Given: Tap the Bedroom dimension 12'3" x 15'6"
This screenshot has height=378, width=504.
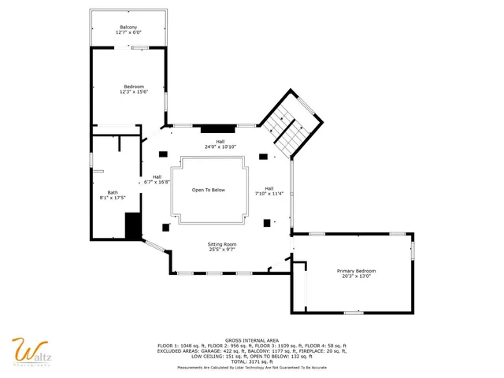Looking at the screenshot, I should (x=132, y=92).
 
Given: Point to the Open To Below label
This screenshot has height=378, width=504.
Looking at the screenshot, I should (x=209, y=190).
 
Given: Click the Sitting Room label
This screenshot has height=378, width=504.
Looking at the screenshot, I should (x=221, y=244).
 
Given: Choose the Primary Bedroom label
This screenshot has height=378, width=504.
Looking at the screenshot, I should (x=356, y=270).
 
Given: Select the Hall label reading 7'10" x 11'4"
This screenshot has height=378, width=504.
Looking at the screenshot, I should (x=269, y=193).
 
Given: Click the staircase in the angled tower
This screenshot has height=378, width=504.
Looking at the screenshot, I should (x=287, y=126).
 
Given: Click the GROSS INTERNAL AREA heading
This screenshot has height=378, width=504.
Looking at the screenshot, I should (x=251, y=340).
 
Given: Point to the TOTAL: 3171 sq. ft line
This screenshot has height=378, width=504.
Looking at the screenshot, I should (x=251, y=362).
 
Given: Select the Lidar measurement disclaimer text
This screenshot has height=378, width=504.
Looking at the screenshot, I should (x=251, y=368).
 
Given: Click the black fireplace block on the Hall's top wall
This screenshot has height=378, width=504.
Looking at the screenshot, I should (x=213, y=128).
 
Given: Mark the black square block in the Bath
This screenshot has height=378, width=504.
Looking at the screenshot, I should (x=132, y=226).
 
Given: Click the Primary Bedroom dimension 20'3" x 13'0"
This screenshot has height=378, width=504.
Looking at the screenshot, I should (x=356, y=276).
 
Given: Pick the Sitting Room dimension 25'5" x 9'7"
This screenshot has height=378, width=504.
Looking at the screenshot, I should (x=221, y=250).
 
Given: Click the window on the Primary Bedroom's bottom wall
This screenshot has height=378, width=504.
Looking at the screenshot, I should (x=354, y=313).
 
